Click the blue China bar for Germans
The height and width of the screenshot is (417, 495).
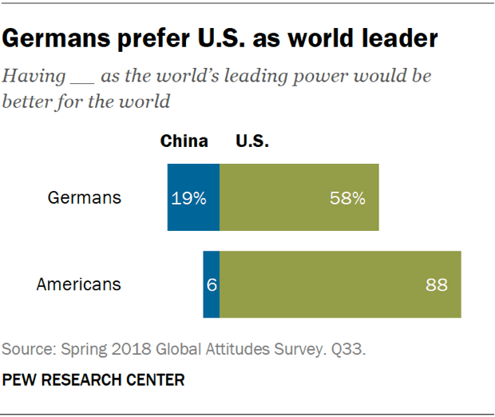tap(193, 197)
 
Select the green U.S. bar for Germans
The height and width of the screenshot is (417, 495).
tap(299, 197)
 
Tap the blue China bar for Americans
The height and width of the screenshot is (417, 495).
tap(211, 284)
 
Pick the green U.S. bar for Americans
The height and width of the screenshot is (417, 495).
tap(340, 284)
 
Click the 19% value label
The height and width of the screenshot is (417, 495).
tap(188, 198)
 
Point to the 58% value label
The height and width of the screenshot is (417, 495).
tap(347, 198)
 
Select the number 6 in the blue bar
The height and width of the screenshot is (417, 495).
tap(212, 285)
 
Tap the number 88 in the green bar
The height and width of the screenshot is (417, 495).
tap(436, 285)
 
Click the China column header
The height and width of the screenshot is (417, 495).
tap(184, 142)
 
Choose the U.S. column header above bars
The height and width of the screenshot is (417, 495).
tap(252, 142)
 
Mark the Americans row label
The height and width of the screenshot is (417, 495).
tap(79, 284)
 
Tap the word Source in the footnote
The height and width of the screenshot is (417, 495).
tap(25, 349)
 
